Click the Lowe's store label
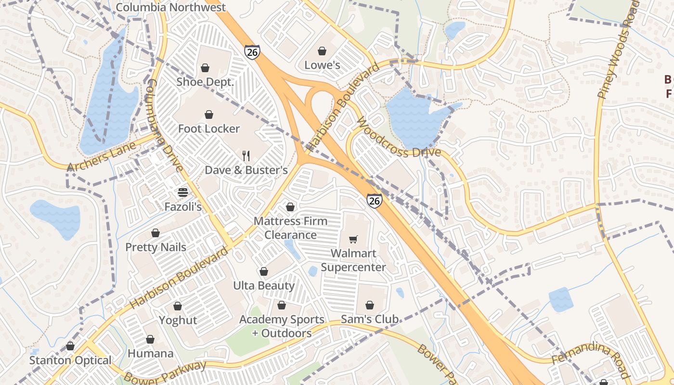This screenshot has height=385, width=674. point(322,65)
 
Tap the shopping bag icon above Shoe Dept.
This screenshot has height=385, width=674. point(205,68)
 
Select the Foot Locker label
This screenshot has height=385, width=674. point(208,128)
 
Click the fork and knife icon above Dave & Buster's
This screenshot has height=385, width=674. point(246,155)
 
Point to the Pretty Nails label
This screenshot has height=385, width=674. point(156,247)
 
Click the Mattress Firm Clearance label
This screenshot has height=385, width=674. point(290,228)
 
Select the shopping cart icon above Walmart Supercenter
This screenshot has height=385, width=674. point(353,239)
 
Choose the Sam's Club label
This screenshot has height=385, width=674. point(369,319)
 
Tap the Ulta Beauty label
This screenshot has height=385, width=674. point(263,285)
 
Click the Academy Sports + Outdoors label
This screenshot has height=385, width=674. point(282,326)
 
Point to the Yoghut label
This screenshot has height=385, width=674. point(178,320)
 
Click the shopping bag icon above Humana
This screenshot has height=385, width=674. point(150,340)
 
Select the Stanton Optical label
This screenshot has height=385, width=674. point(70,360)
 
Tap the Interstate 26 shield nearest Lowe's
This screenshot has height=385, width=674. point(252,51)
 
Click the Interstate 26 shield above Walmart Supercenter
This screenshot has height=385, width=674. point(375,200)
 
